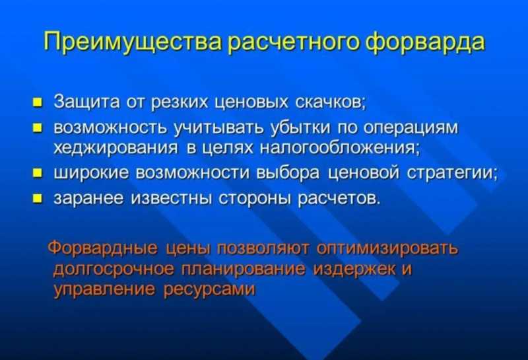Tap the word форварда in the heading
coord(425,42)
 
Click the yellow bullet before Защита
coord(37,102)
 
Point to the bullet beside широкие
coord(37,174)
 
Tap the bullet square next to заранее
coord(37,199)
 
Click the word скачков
coord(330,102)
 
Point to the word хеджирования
coord(115,148)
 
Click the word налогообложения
coord(340,148)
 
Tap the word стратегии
coord(452,173)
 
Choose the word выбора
coord(288,173)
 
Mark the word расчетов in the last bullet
coord(339,199)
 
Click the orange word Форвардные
coord(103,248)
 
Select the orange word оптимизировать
coord(387,248)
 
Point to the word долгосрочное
coord(114,270)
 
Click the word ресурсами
coord(209,290)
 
